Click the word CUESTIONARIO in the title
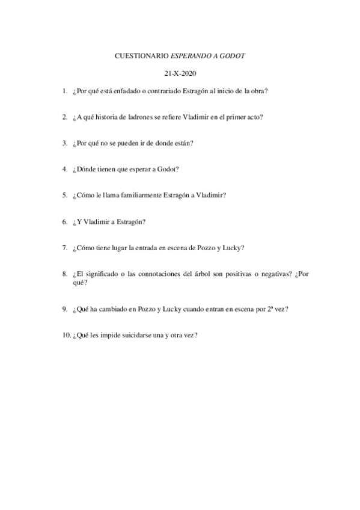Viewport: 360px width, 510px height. (141, 56)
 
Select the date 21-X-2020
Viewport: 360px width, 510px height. (180, 74)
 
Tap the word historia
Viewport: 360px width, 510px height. (104, 117)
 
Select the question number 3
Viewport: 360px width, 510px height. (64, 143)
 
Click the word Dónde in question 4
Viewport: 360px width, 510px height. (86, 169)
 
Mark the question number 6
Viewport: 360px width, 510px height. (64, 221)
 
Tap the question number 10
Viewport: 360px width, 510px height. (66, 336)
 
